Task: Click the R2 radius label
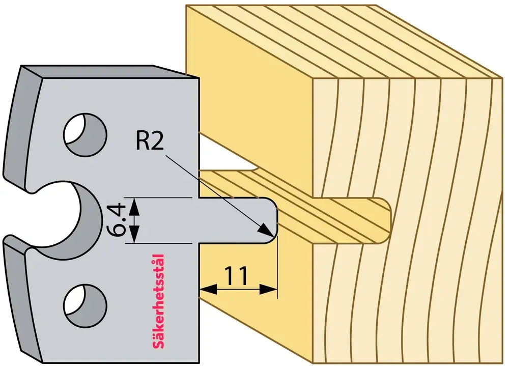click(150, 142)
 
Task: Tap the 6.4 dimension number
click(116, 220)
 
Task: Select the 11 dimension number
click(236, 275)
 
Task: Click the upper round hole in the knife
click(86, 134)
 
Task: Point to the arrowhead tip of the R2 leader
click(273, 236)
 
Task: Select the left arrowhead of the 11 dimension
click(208, 289)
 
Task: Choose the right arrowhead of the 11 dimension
click(269, 289)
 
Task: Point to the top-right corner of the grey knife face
click(199, 78)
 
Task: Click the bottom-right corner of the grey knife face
click(199, 362)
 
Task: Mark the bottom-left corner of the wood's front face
click(313, 363)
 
